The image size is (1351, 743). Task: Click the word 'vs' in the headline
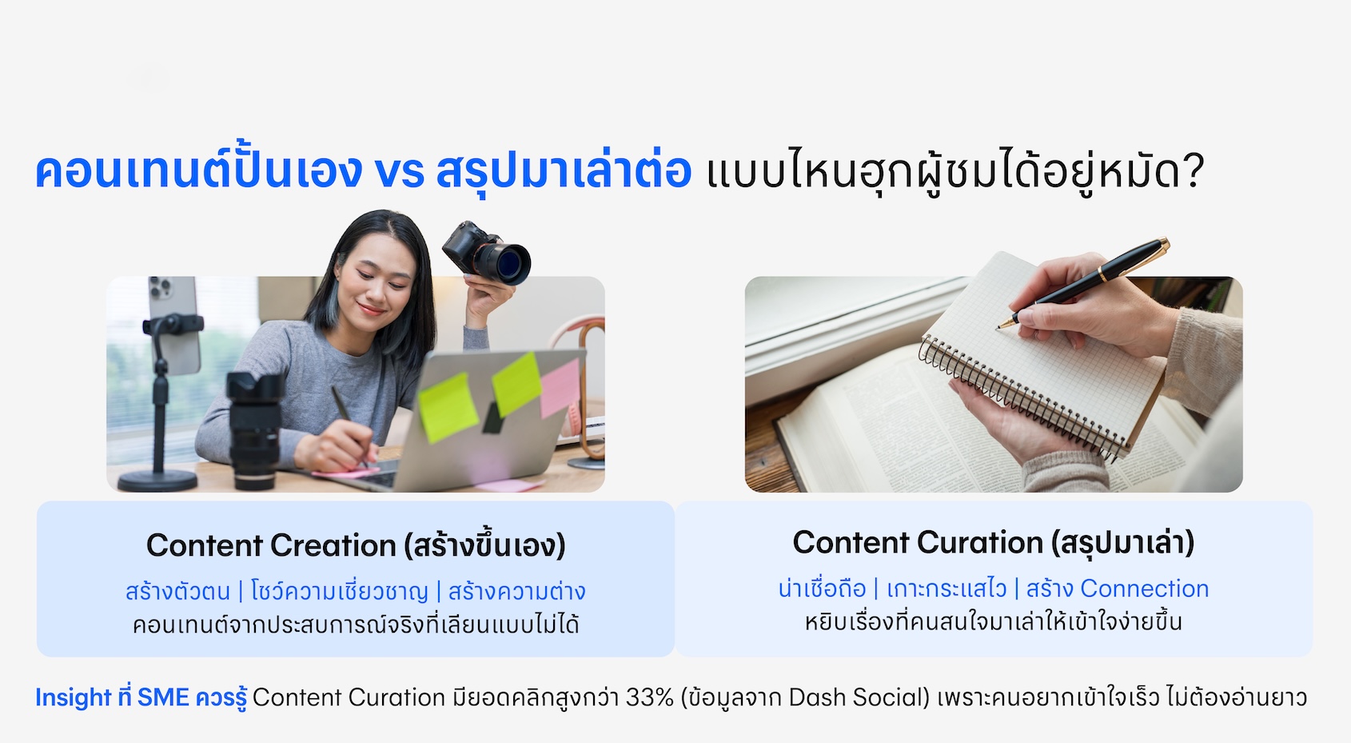point(399,173)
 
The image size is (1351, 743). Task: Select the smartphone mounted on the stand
point(174,324)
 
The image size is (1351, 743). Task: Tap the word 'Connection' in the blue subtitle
point(1145,589)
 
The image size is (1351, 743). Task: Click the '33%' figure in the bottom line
point(650,697)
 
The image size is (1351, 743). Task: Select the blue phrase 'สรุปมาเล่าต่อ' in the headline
point(564,171)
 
